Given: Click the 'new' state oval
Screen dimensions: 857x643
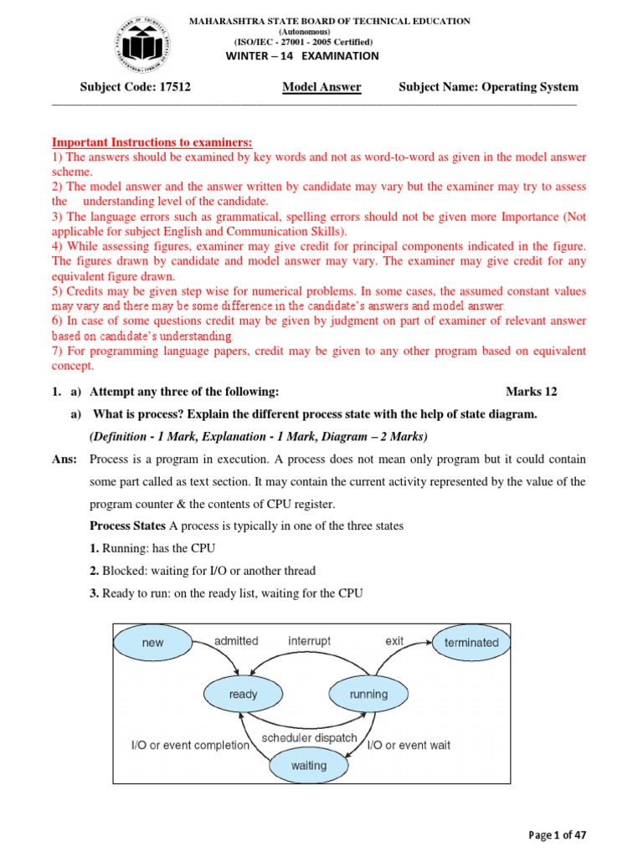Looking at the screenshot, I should pyautogui.click(x=153, y=643).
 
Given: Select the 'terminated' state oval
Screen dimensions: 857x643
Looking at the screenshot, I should pyautogui.click(x=471, y=643).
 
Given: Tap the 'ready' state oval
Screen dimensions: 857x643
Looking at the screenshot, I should pyautogui.click(x=243, y=694).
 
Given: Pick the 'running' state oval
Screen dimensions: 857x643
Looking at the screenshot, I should pyautogui.click(x=368, y=694).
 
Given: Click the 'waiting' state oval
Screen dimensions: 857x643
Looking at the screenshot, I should pyautogui.click(x=308, y=765).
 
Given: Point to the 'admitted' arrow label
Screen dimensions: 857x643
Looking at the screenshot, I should pyautogui.click(x=236, y=641).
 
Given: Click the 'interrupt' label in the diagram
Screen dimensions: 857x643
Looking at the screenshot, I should pyautogui.click(x=309, y=641).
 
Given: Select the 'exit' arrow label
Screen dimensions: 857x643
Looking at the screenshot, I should pyautogui.click(x=394, y=641).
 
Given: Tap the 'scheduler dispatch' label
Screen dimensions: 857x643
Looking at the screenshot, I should pyautogui.click(x=309, y=738).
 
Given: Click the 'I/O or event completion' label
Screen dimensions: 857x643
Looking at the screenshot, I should pyautogui.click(x=190, y=745).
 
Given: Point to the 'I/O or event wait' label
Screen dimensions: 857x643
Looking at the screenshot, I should pyautogui.click(x=409, y=745).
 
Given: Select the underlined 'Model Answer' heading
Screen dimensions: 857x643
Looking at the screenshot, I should pyautogui.click(x=321, y=87).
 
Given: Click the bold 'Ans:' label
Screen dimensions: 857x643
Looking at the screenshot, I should pyautogui.click(x=66, y=459).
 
